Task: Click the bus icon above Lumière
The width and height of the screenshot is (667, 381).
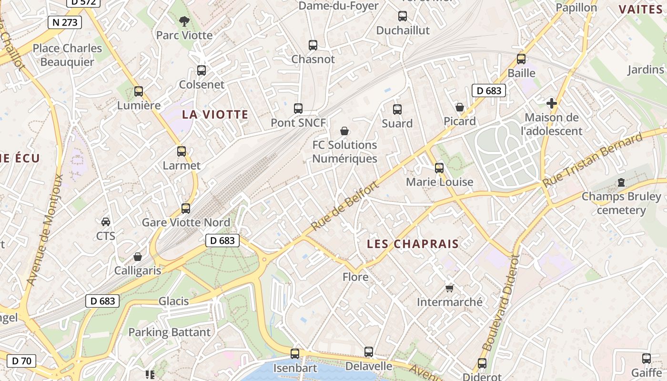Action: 139,91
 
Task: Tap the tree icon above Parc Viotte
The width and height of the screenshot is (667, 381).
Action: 184,21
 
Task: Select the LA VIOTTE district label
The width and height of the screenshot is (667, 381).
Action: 215,114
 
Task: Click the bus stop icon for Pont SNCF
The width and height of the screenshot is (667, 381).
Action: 298,109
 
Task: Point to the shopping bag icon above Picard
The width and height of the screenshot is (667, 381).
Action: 460,107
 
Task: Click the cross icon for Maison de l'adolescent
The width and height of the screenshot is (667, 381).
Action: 552,103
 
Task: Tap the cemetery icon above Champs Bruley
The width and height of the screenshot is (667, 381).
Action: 621,182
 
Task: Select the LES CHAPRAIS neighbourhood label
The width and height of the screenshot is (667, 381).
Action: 413,244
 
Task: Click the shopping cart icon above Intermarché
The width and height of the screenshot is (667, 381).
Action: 449,288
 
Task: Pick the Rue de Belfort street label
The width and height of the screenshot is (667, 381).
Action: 345,206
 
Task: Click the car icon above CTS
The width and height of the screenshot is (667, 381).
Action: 106,222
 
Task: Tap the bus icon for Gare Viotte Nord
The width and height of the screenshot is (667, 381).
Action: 186,209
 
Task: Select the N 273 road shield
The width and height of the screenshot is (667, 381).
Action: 65,22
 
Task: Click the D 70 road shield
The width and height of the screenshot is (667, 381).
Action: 21,361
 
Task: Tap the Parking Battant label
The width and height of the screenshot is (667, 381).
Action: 169,332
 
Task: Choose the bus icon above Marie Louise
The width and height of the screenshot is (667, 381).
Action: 439,168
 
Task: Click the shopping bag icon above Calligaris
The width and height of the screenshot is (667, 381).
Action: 138,257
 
